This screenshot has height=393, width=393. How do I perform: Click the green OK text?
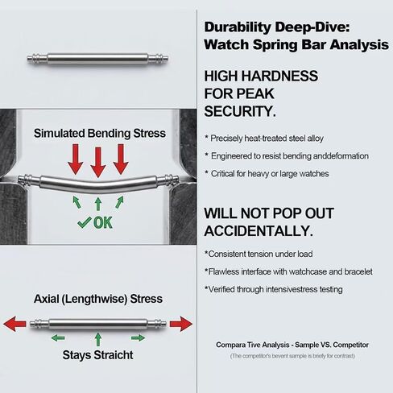pos(103,223)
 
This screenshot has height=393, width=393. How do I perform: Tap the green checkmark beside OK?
pos(85,222)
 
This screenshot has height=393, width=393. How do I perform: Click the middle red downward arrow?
pos(98,162)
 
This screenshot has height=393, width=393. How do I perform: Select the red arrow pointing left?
pos(14,324)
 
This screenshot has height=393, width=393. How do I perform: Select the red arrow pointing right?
pos(181,324)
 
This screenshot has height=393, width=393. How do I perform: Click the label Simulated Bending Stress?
pos(100,134)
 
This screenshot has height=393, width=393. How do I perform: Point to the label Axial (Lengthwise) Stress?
pos(98,299)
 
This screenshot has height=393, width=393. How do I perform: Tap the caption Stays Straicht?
pos(97,355)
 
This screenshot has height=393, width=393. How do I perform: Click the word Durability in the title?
pos(238,27)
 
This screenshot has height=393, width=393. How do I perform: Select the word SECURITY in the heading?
pos(240,111)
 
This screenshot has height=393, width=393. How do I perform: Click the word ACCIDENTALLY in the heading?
pos(259,231)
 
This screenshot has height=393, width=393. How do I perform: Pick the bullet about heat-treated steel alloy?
pos(264,139)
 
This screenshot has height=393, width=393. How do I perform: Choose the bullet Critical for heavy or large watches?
pos(267,174)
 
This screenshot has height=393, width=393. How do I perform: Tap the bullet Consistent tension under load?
pos(259,254)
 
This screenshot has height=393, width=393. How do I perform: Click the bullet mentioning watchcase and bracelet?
pos(288,271)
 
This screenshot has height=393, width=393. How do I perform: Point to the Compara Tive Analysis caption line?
pos(292,345)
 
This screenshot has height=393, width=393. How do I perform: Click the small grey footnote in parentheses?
pos(292,356)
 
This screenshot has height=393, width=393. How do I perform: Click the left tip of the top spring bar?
pos(27,58)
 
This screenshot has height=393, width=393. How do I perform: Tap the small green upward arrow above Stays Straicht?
pos(98,339)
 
